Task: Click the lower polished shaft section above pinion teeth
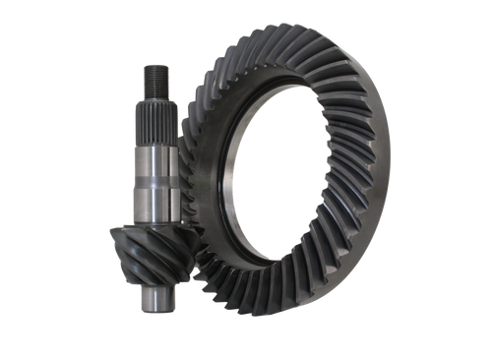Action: [x=159, y=202]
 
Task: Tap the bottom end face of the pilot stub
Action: [x=155, y=313]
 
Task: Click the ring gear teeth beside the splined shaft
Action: [x=197, y=118]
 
